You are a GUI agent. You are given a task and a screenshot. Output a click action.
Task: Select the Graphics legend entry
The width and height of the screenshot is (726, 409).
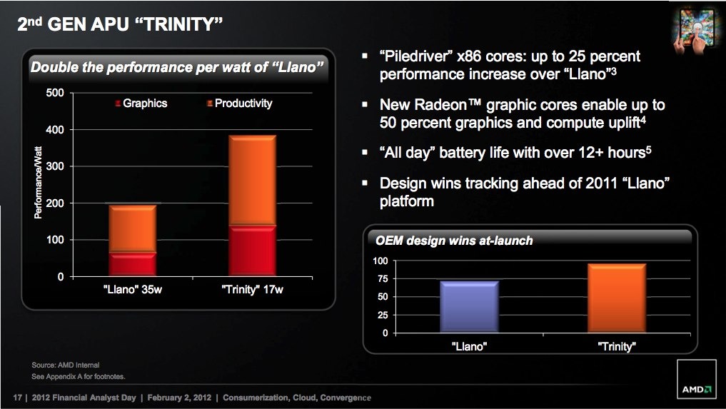(141, 103)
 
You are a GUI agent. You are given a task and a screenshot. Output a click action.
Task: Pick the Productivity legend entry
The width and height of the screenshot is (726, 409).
(239, 103)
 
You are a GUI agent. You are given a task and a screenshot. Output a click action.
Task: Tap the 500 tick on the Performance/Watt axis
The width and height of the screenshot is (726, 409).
(55, 93)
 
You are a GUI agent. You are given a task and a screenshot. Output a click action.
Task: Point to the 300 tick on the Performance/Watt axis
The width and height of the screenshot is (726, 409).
(55, 166)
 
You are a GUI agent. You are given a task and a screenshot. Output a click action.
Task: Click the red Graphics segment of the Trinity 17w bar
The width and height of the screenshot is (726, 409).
(252, 251)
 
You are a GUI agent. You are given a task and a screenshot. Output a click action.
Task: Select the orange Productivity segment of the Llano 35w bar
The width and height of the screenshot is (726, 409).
(132, 229)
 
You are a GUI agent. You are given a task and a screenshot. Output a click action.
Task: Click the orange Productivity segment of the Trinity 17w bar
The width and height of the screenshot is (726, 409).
(252, 180)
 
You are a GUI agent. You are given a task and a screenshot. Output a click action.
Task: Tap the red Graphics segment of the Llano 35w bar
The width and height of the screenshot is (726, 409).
(132, 265)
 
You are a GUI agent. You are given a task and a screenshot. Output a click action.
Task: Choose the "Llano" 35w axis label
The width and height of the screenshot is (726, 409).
(132, 290)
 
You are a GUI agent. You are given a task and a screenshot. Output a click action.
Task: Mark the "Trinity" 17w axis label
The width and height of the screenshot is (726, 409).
(252, 290)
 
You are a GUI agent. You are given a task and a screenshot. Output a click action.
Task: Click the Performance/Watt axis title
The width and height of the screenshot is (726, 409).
(38, 183)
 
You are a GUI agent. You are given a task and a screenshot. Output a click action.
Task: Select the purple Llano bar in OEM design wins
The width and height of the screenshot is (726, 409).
(469, 307)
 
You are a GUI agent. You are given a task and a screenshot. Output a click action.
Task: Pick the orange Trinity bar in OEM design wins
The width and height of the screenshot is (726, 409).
(617, 298)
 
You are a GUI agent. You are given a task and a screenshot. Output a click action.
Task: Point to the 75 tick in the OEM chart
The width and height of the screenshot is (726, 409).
(383, 279)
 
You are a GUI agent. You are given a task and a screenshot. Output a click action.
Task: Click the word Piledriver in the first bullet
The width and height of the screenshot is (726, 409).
(416, 56)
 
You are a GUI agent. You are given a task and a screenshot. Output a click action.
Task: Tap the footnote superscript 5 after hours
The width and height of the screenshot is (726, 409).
(649, 149)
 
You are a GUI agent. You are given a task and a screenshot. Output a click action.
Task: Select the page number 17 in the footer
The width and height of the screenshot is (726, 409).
(18, 398)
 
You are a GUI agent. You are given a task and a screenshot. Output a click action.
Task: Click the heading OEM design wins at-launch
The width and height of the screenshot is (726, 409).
(454, 241)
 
